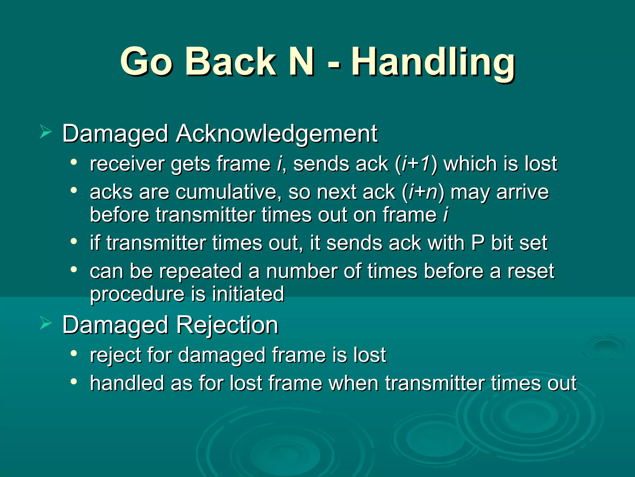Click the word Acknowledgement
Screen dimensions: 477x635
pos(277,134)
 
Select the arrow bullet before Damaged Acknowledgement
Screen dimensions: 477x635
pos(46,133)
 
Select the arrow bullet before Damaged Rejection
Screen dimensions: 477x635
pos(46,324)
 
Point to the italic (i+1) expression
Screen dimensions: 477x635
pos(415,164)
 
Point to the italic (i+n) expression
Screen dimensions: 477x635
pos(423,192)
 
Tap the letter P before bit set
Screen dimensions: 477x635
pos(478,243)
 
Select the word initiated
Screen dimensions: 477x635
pos(248,294)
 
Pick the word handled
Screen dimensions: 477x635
pos(127,383)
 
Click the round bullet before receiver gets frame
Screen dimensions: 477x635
pos(73,162)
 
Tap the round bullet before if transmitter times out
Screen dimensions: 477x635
pos(73,241)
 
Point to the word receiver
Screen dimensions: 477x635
pos(127,164)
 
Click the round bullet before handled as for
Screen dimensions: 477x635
pos(73,382)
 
